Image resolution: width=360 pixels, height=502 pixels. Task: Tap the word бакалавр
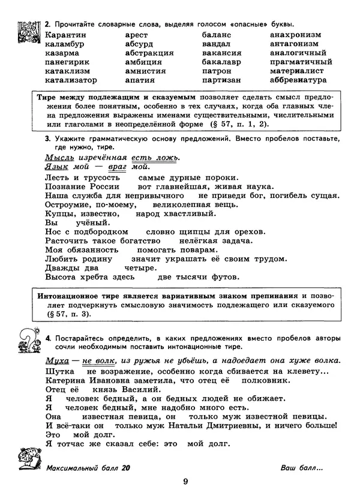click(x=221, y=62)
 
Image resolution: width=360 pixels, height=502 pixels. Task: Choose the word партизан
click(x=221, y=80)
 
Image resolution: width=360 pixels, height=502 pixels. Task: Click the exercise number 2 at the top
click(x=47, y=23)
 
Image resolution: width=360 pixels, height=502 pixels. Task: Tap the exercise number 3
click(x=47, y=138)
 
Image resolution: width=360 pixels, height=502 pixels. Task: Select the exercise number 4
click(x=47, y=338)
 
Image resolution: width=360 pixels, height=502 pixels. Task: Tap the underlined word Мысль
click(x=59, y=157)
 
